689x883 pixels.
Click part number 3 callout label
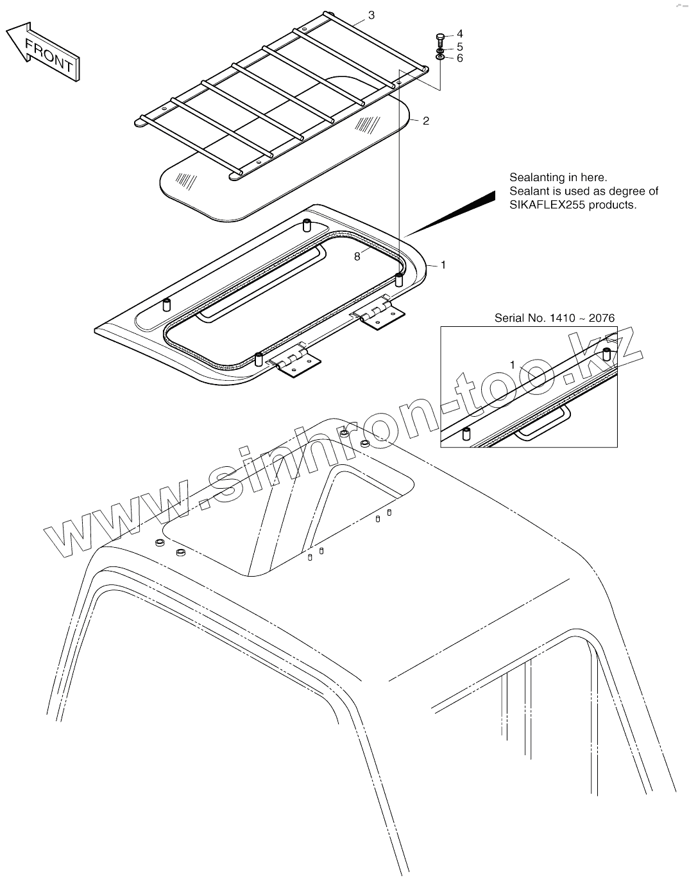tap(371, 15)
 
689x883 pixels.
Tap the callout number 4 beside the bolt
tap(459, 34)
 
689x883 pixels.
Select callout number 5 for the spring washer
tap(459, 47)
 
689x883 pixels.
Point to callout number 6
tap(459, 58)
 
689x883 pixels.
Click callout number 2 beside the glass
tap(426, 121)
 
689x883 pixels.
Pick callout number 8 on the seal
tap(357, 257)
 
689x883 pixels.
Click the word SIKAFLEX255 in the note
tap(543, 205)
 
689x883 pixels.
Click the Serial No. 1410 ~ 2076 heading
tap(554, 318)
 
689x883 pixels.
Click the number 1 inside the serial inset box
tap(512, 365)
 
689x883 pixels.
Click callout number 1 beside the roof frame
tap(443, 265)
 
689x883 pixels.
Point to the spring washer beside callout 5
tap(440, 50)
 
